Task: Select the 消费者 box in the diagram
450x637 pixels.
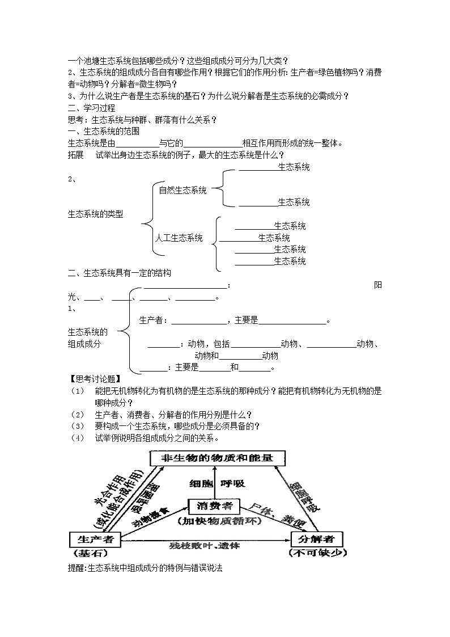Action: (214, 505)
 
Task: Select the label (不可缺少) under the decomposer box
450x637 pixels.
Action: (317, 553)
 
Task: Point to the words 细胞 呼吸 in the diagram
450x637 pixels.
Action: (217, 483)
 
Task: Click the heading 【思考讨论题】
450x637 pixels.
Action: (90, 379)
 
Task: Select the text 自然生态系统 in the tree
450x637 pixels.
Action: (182, 191)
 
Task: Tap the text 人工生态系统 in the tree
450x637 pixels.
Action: (179, 238)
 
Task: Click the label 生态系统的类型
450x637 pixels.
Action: (95, 214)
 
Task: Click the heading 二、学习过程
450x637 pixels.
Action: (91, 108)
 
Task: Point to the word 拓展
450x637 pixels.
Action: (75, 155)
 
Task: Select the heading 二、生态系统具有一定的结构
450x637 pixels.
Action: (119, 273)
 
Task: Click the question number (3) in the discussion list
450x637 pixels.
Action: (77, 426)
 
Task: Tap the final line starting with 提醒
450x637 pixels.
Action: (145, 568)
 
